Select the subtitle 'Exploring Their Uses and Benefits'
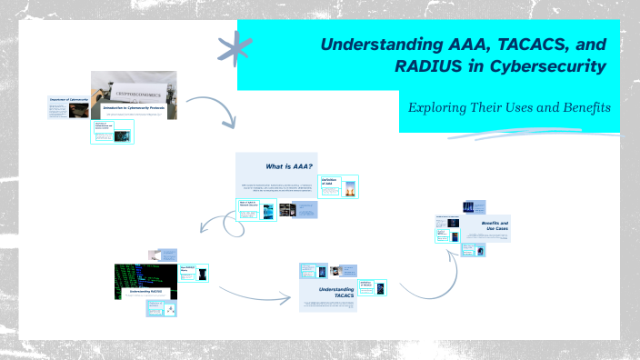tap(508, 107)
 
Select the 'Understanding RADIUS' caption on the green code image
tap(144, 293)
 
